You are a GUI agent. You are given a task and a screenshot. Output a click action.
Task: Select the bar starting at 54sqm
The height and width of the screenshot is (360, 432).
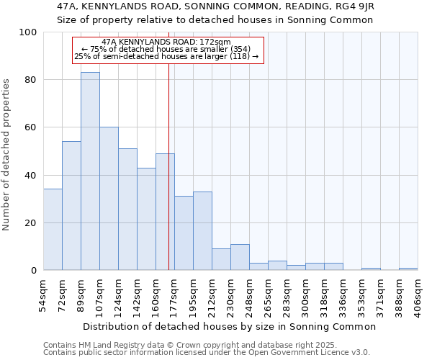click(53, 229)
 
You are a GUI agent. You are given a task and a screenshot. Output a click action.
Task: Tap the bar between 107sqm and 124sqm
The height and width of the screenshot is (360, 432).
click(109, 199)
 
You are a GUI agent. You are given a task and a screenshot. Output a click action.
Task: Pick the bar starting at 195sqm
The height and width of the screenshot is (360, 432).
click(202, 230)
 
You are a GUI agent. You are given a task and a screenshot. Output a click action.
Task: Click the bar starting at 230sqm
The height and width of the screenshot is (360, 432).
click(240, 257)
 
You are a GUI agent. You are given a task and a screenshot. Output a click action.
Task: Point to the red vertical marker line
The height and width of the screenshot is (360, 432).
click(168, 180)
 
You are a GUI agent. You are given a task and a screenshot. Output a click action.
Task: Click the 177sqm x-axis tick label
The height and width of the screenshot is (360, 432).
click(174, 294)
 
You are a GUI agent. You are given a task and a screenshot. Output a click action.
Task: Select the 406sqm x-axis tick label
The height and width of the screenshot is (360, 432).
click(418, 294)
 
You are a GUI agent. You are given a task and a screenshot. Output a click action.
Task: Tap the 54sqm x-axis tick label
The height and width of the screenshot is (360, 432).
click(43, 294)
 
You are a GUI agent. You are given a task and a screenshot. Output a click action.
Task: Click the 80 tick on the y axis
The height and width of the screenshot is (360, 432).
click(31, 80)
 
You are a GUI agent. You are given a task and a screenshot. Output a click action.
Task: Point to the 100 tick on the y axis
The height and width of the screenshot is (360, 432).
click(28, 32)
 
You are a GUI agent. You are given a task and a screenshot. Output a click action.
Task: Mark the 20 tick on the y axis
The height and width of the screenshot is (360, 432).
click(31, 223)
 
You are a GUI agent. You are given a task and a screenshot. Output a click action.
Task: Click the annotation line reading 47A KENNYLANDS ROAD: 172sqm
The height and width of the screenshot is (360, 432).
click(166, 42)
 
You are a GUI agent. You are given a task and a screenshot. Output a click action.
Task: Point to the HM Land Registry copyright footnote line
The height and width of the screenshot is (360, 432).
click(189, 345)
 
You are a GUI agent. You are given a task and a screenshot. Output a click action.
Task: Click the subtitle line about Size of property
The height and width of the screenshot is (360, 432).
click(215, 19)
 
